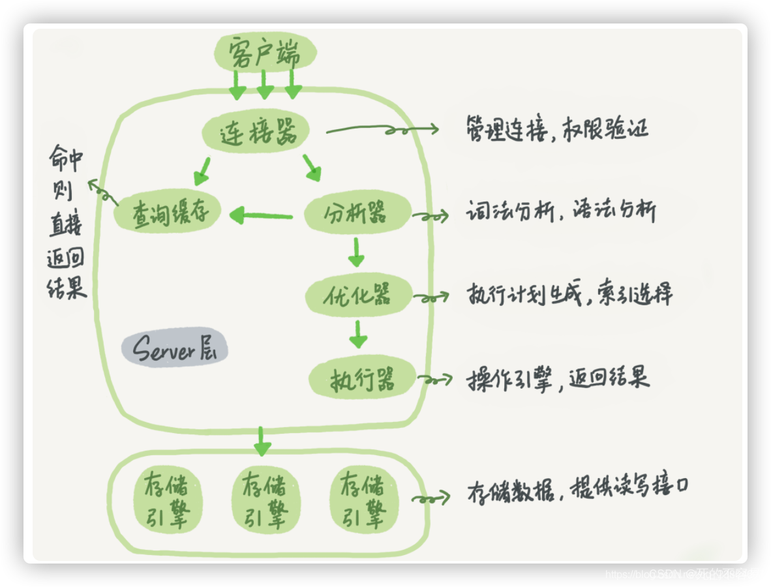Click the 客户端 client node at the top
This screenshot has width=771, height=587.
click(x=265, y=53)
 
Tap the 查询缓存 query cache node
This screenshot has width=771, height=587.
click(x=168, y=212)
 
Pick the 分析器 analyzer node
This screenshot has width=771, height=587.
click(x=357, y=213)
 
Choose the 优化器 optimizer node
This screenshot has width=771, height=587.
click(x=358, y=295)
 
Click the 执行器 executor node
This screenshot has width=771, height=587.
click(x=363, y=378)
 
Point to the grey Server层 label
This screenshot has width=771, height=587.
click(x=174, y=350)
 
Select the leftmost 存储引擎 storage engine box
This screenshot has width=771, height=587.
click(x=165, y=500)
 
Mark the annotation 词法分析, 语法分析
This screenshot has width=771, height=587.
click(x=560, y=212)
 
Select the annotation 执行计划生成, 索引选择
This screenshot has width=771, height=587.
click(x=568, y=295)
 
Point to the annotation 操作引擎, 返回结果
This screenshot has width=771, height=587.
click(x=558, y=379)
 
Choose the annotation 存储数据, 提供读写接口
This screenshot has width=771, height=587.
click(x=578, y=489)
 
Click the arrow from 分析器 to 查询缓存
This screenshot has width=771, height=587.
click(x=262, y=215)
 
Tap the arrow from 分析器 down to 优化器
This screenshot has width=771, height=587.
click(x=355, y=252)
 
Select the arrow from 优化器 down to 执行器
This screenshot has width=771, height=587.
click(x=357, y=334)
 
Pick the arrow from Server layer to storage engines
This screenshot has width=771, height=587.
click(x=262, y=442)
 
